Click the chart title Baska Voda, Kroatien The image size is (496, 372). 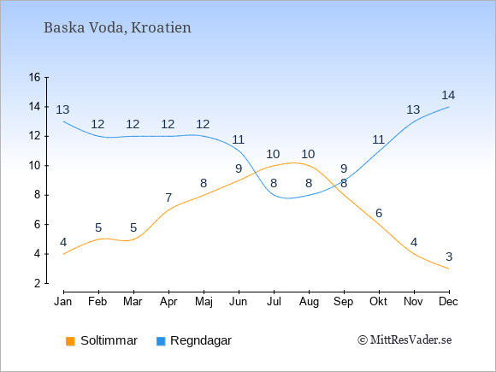point(117,28)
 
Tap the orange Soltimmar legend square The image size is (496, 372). point(70,341)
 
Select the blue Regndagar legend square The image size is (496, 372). point(161,341)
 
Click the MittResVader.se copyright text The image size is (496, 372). point(404,340)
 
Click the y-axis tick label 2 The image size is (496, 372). point(38,283)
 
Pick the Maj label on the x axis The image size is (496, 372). point(204,302)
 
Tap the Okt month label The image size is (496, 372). point(378,302)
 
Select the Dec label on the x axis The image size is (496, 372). point(448,302)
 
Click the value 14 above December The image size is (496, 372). point(448,95)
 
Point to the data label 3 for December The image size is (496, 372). point(449,257)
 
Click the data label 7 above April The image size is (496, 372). point(168,198)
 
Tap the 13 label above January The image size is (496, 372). point(62,109)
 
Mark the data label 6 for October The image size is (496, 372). point(379,213)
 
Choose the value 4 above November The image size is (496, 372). point(414,242)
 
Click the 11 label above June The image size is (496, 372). point(238,139)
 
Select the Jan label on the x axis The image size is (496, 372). point(63,302)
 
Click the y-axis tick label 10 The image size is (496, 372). point(34,165)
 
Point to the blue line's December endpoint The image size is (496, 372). point(449,107)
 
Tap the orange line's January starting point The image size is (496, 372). point(64,254)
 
